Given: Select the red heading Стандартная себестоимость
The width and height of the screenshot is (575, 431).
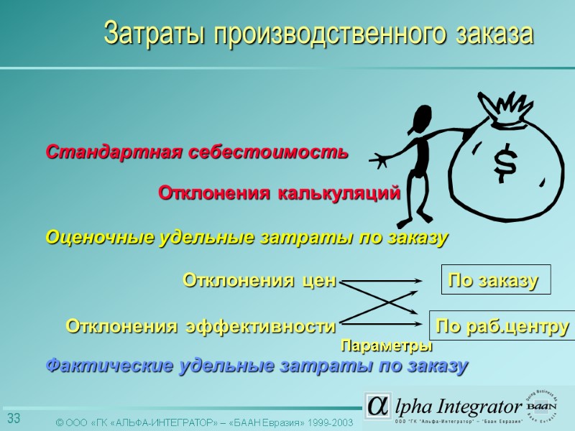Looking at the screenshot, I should [197, 152].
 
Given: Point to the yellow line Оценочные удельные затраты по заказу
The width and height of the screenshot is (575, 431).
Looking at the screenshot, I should [247, 237].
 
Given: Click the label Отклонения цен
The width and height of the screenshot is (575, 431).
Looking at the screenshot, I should [259, 279].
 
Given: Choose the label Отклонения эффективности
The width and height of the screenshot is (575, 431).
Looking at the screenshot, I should [201, 327].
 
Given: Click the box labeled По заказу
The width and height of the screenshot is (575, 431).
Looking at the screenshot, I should [494, 281].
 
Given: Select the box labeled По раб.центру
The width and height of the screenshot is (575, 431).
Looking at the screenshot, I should [502, 327].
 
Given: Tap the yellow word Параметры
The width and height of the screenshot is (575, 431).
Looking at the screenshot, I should [386, 346].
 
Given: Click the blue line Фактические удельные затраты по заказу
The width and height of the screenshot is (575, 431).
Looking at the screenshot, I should [257, 366].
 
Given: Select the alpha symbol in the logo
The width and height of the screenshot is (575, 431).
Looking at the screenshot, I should [377, 406].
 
